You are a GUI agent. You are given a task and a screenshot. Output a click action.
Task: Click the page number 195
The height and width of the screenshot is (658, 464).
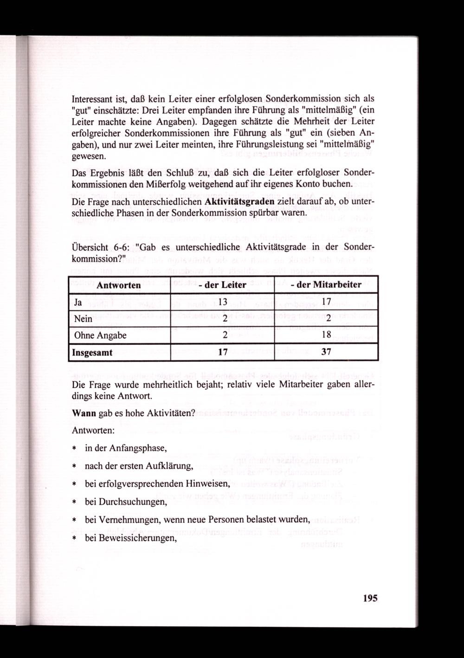371,598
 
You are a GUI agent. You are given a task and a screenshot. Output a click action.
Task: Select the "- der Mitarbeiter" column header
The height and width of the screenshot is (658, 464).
326,285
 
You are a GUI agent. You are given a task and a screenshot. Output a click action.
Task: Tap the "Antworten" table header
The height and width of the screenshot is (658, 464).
119,285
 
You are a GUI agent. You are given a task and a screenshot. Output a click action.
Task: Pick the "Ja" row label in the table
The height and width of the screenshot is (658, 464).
78,302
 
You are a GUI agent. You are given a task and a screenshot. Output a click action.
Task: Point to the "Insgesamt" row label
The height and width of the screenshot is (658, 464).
92,352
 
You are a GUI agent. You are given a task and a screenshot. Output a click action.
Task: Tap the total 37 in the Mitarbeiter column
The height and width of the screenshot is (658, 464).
326,352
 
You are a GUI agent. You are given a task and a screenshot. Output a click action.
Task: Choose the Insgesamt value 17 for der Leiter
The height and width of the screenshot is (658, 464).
222,352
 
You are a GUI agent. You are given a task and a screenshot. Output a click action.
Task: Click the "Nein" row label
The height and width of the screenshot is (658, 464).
83,319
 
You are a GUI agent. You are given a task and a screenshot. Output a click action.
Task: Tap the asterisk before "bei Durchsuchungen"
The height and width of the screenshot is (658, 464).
74,503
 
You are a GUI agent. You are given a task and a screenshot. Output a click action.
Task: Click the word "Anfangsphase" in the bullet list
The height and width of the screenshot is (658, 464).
140,449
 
